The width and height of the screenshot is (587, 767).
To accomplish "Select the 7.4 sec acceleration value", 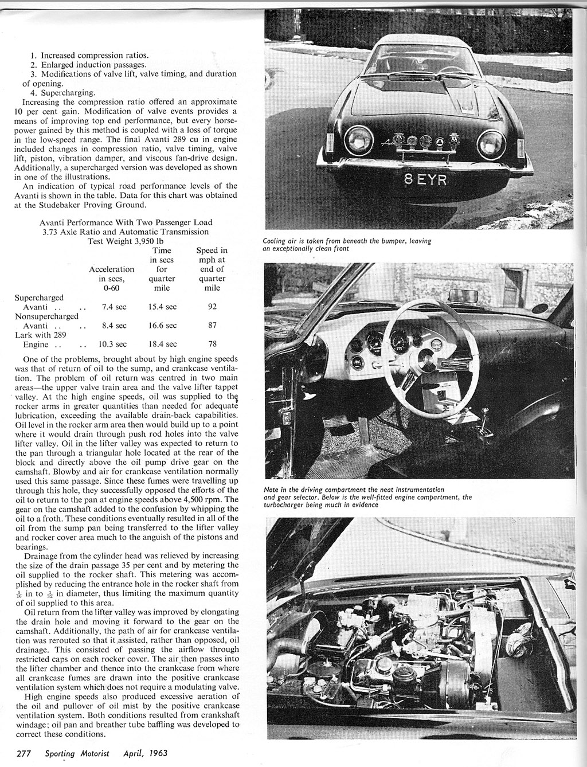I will tap(114, 307).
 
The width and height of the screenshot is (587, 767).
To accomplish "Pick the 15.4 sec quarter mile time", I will tap(162, 307).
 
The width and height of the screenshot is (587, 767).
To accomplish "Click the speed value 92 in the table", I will tap(212, 307).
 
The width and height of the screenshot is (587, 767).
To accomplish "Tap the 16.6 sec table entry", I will tap(162, 325).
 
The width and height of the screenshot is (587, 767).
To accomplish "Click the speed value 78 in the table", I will tap(212, 344).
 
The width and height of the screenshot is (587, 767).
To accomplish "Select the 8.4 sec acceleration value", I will tap(114, 325).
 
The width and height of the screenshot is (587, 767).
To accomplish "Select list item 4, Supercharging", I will tap(63, 92).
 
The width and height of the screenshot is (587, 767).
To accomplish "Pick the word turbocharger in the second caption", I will tap(288, 505).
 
